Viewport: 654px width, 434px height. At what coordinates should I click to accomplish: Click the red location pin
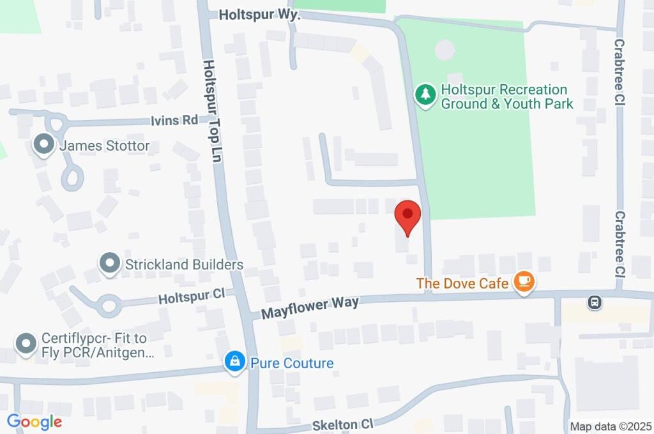click(407, 215)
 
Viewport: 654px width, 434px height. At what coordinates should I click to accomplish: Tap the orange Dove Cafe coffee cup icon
click(524, 281)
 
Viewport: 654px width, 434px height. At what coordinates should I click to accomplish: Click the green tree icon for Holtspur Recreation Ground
click(425, 96)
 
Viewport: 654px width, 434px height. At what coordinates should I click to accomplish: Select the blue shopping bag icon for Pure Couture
click(235, 363)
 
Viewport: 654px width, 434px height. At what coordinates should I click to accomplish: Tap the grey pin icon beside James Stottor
click(44, 145)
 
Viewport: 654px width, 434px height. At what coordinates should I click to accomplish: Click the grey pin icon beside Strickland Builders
click(110, 263)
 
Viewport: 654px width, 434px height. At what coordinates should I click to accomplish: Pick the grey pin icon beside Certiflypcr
click(26, 343)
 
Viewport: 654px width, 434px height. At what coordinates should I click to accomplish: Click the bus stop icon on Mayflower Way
click(595, 301)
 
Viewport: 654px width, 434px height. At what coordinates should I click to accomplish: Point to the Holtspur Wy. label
click(259, 14)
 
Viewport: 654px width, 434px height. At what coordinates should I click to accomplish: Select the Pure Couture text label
click(292, 363)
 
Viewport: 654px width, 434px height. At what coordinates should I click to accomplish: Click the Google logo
click(34, 422)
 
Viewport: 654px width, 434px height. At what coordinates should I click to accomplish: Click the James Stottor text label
click(105, 146)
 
